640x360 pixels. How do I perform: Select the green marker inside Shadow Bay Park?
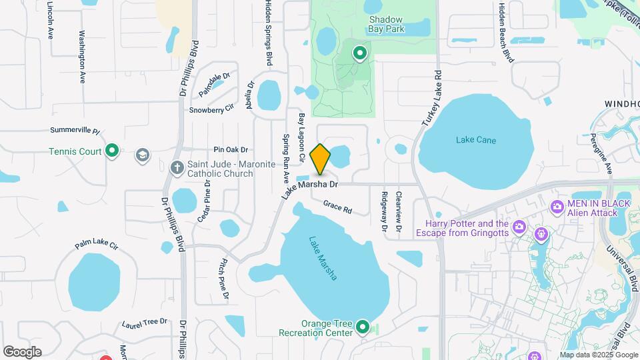click(x=361, y=53)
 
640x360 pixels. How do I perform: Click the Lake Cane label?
click(x=476, y=140)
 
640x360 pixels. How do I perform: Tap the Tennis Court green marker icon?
click(x=113, y=151)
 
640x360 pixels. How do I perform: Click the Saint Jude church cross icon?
click(x=177, y=167)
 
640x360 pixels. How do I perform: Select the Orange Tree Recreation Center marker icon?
click(x=363, y=327)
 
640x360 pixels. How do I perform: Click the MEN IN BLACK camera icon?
click(x=557, y=207)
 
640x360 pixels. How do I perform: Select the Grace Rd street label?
click(x=337, y=207)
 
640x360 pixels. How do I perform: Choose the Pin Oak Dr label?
click(x=231, y=150)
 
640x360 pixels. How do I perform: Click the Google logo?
click(x=22, y=351)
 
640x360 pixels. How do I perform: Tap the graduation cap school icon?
click(x=141, y=155)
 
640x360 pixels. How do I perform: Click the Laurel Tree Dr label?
click(x=145, y=323)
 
